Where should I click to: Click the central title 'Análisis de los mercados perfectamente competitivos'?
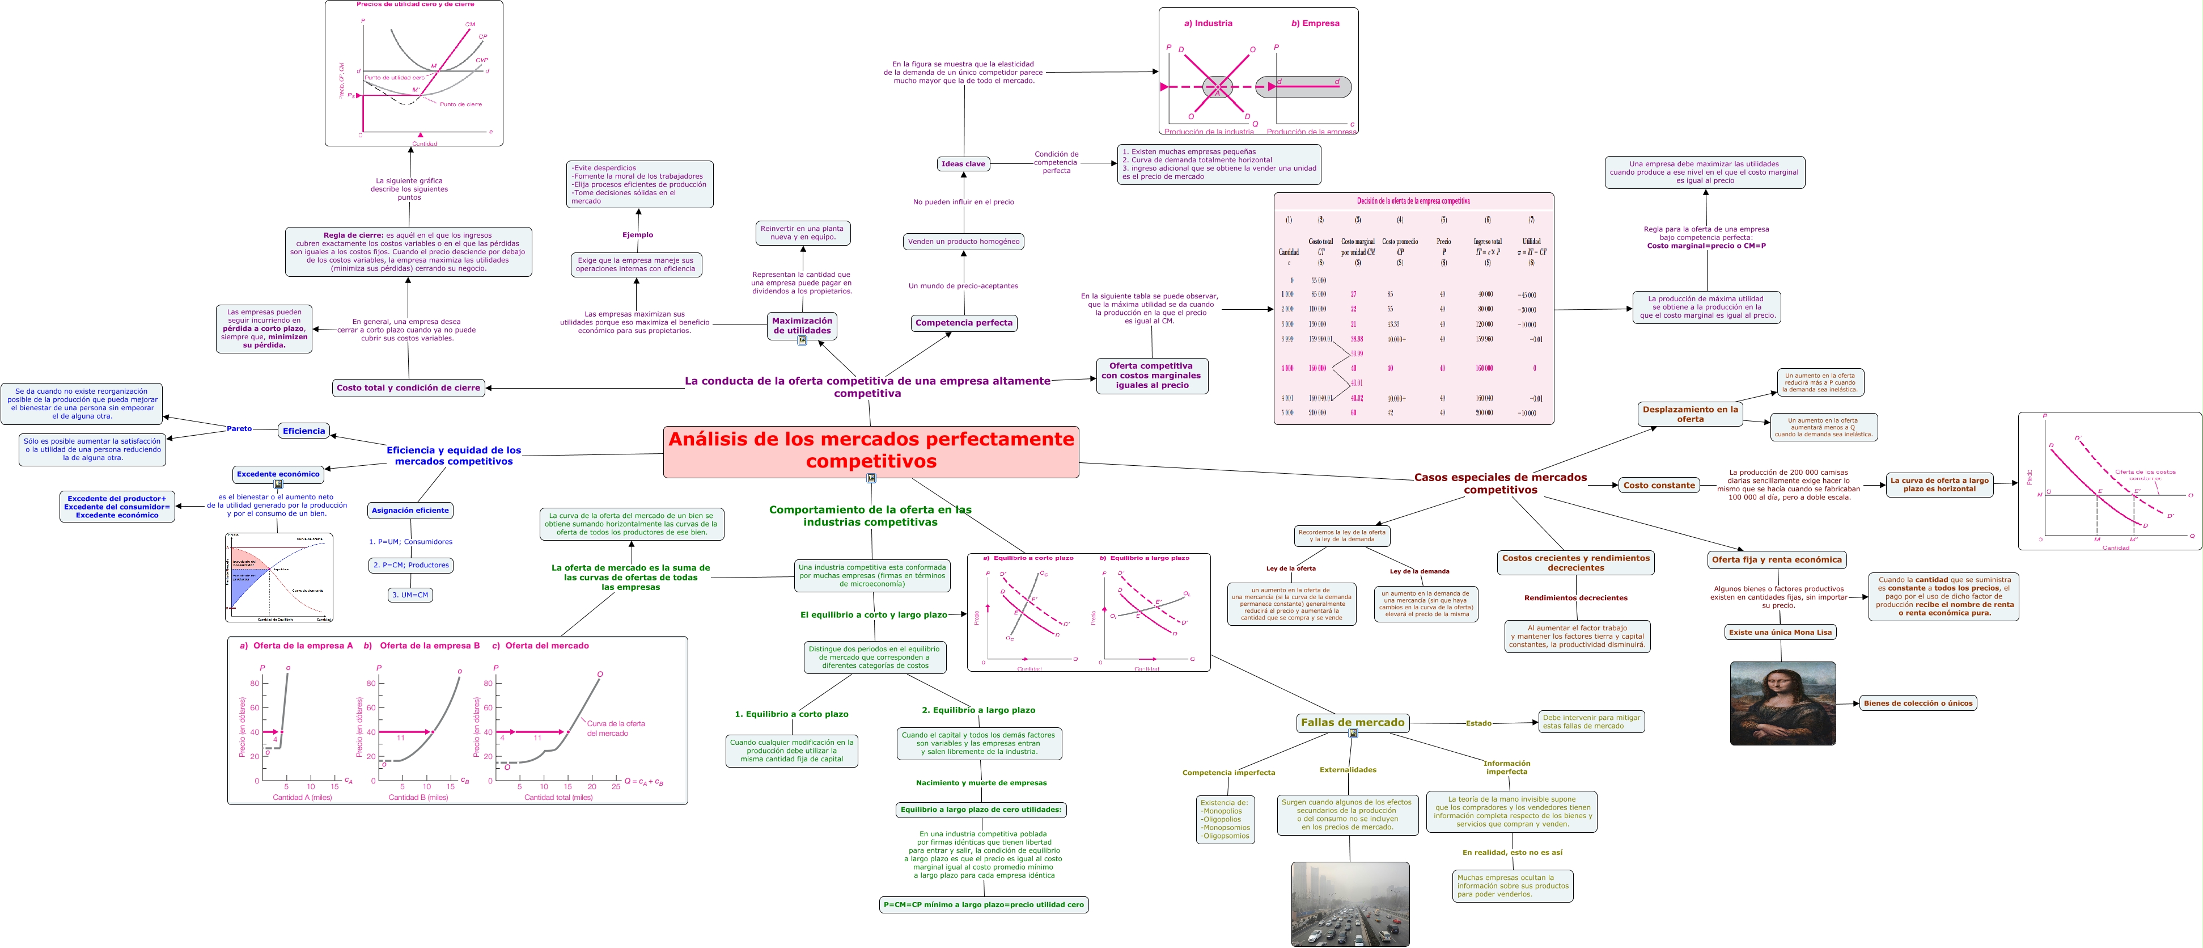coord(871,450)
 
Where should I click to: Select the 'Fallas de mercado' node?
coord(1352,722)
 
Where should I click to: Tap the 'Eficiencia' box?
coord(304,431)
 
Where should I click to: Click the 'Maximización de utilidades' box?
coord(802,325)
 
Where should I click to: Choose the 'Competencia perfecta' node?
coord(963,323)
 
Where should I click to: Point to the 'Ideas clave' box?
coord(963,163)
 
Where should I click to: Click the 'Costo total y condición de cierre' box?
coord(408,387)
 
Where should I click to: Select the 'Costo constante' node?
coord(1658,485)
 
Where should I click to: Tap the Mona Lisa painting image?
coord(1782,702)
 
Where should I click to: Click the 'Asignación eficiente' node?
coord(410,510)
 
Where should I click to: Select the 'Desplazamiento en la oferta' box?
coord(1690,414)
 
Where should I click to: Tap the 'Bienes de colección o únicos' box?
coord(1917,703)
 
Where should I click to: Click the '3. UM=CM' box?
coord(410,595)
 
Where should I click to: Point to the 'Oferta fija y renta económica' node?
coord(1776,559)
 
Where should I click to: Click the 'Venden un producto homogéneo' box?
coord(963,241)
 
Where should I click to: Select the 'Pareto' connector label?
coord(239,429)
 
